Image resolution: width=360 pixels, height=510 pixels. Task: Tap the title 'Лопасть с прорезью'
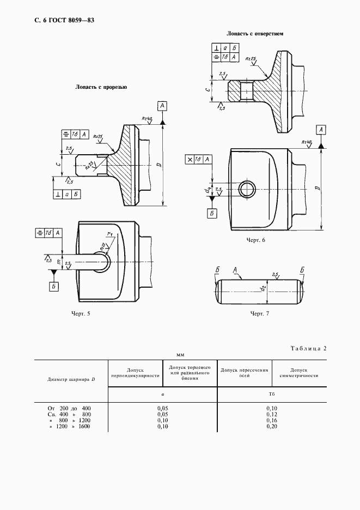[101, 87]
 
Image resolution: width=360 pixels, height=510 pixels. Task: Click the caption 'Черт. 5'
[81, 313]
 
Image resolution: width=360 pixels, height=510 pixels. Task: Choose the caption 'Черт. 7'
[259, 313]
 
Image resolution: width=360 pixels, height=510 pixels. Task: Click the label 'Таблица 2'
[308, 348]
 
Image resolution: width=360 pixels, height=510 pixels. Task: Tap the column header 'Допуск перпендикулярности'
[135, 373]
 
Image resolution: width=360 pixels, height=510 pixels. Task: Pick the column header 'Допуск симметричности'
[298, 373]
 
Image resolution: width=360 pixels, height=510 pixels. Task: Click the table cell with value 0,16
[272, 421]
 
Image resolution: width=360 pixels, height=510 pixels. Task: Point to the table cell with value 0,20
[272, 427]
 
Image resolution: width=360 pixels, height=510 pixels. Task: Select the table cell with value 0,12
[272, 415]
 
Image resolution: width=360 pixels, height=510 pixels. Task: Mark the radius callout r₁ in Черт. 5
[109, 234]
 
